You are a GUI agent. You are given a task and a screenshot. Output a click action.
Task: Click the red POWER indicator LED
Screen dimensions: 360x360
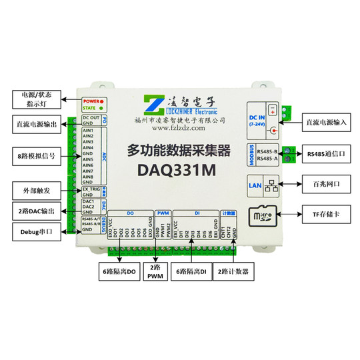105,101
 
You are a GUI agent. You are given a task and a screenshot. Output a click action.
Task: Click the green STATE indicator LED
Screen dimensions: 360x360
105,108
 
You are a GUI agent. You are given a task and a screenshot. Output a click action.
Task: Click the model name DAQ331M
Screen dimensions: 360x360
176,170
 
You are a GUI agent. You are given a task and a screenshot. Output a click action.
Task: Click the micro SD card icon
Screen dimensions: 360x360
261,216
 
